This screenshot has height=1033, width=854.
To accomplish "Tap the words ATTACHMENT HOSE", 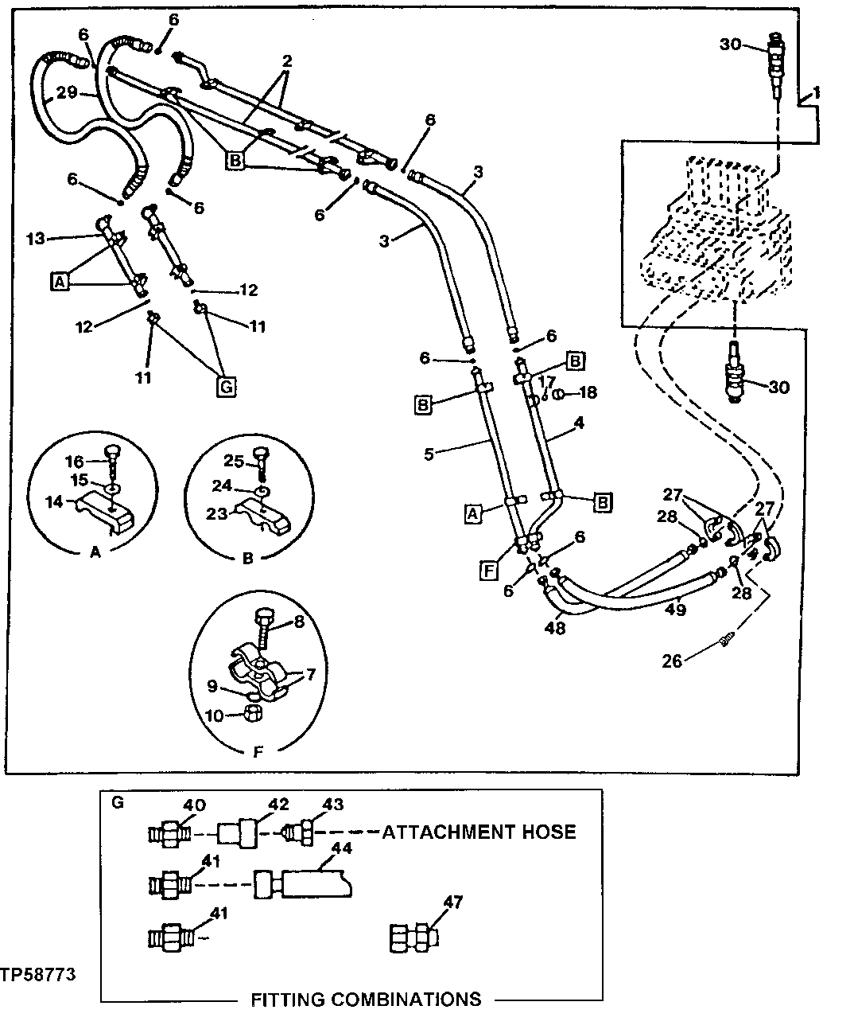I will [x=479, y=832].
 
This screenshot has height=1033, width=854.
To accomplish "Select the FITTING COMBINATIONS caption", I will [x=366, y=999].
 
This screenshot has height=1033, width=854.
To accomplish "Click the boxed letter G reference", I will [x=226, y=388].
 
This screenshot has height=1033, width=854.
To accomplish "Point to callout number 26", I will [x=673, y=661].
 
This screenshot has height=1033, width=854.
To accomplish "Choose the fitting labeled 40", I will [x=168, y=834].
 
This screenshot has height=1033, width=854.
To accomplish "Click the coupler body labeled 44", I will [x=302, y=883].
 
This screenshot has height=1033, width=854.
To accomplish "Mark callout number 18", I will [x=588, y=392].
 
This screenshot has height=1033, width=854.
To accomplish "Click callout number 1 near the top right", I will [x=817, y=93].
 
